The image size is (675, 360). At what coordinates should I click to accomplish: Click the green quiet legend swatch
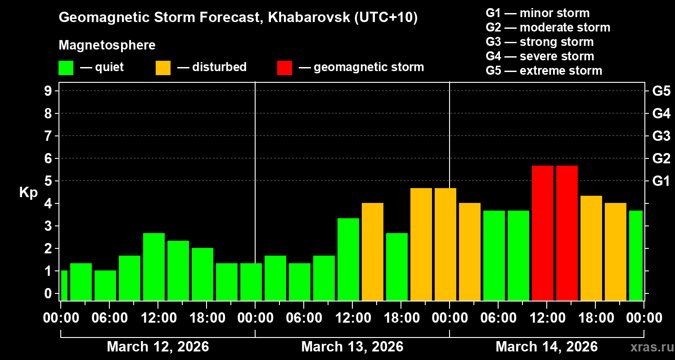click(x=66, y=67)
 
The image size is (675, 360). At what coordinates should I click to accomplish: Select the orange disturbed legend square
click(x=163, y=67)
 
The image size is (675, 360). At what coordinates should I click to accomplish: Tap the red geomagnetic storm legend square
click(x=284, y=67)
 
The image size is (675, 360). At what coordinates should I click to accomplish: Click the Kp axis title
click(x=28, y=192)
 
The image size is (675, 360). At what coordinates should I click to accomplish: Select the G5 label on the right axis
click(x=661, y=91)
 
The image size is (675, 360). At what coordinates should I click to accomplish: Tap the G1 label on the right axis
click(x=661, y=181)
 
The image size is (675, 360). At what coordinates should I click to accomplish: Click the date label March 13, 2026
click(x=352, y=347)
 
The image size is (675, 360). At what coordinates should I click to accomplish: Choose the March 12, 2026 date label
click(x=157, y=347)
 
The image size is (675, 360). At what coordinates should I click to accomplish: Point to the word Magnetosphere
click(x=107, y=45)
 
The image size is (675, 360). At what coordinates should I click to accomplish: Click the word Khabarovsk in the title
click(x=309, y=18)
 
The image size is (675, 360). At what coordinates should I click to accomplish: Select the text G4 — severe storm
click(x=540, y=56)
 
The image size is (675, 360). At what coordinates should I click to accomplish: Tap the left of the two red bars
click(x=543, y=233)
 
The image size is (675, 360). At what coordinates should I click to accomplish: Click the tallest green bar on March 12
click(x=154, y=266)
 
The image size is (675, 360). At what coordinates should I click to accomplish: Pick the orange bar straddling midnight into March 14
click(x=445, y=244)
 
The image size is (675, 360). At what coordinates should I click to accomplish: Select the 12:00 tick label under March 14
click(x=546, y=318)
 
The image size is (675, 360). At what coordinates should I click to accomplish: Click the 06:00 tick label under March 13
click(x=303, y=318)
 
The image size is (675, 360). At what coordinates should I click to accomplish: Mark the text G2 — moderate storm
click(x=548, y=27)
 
